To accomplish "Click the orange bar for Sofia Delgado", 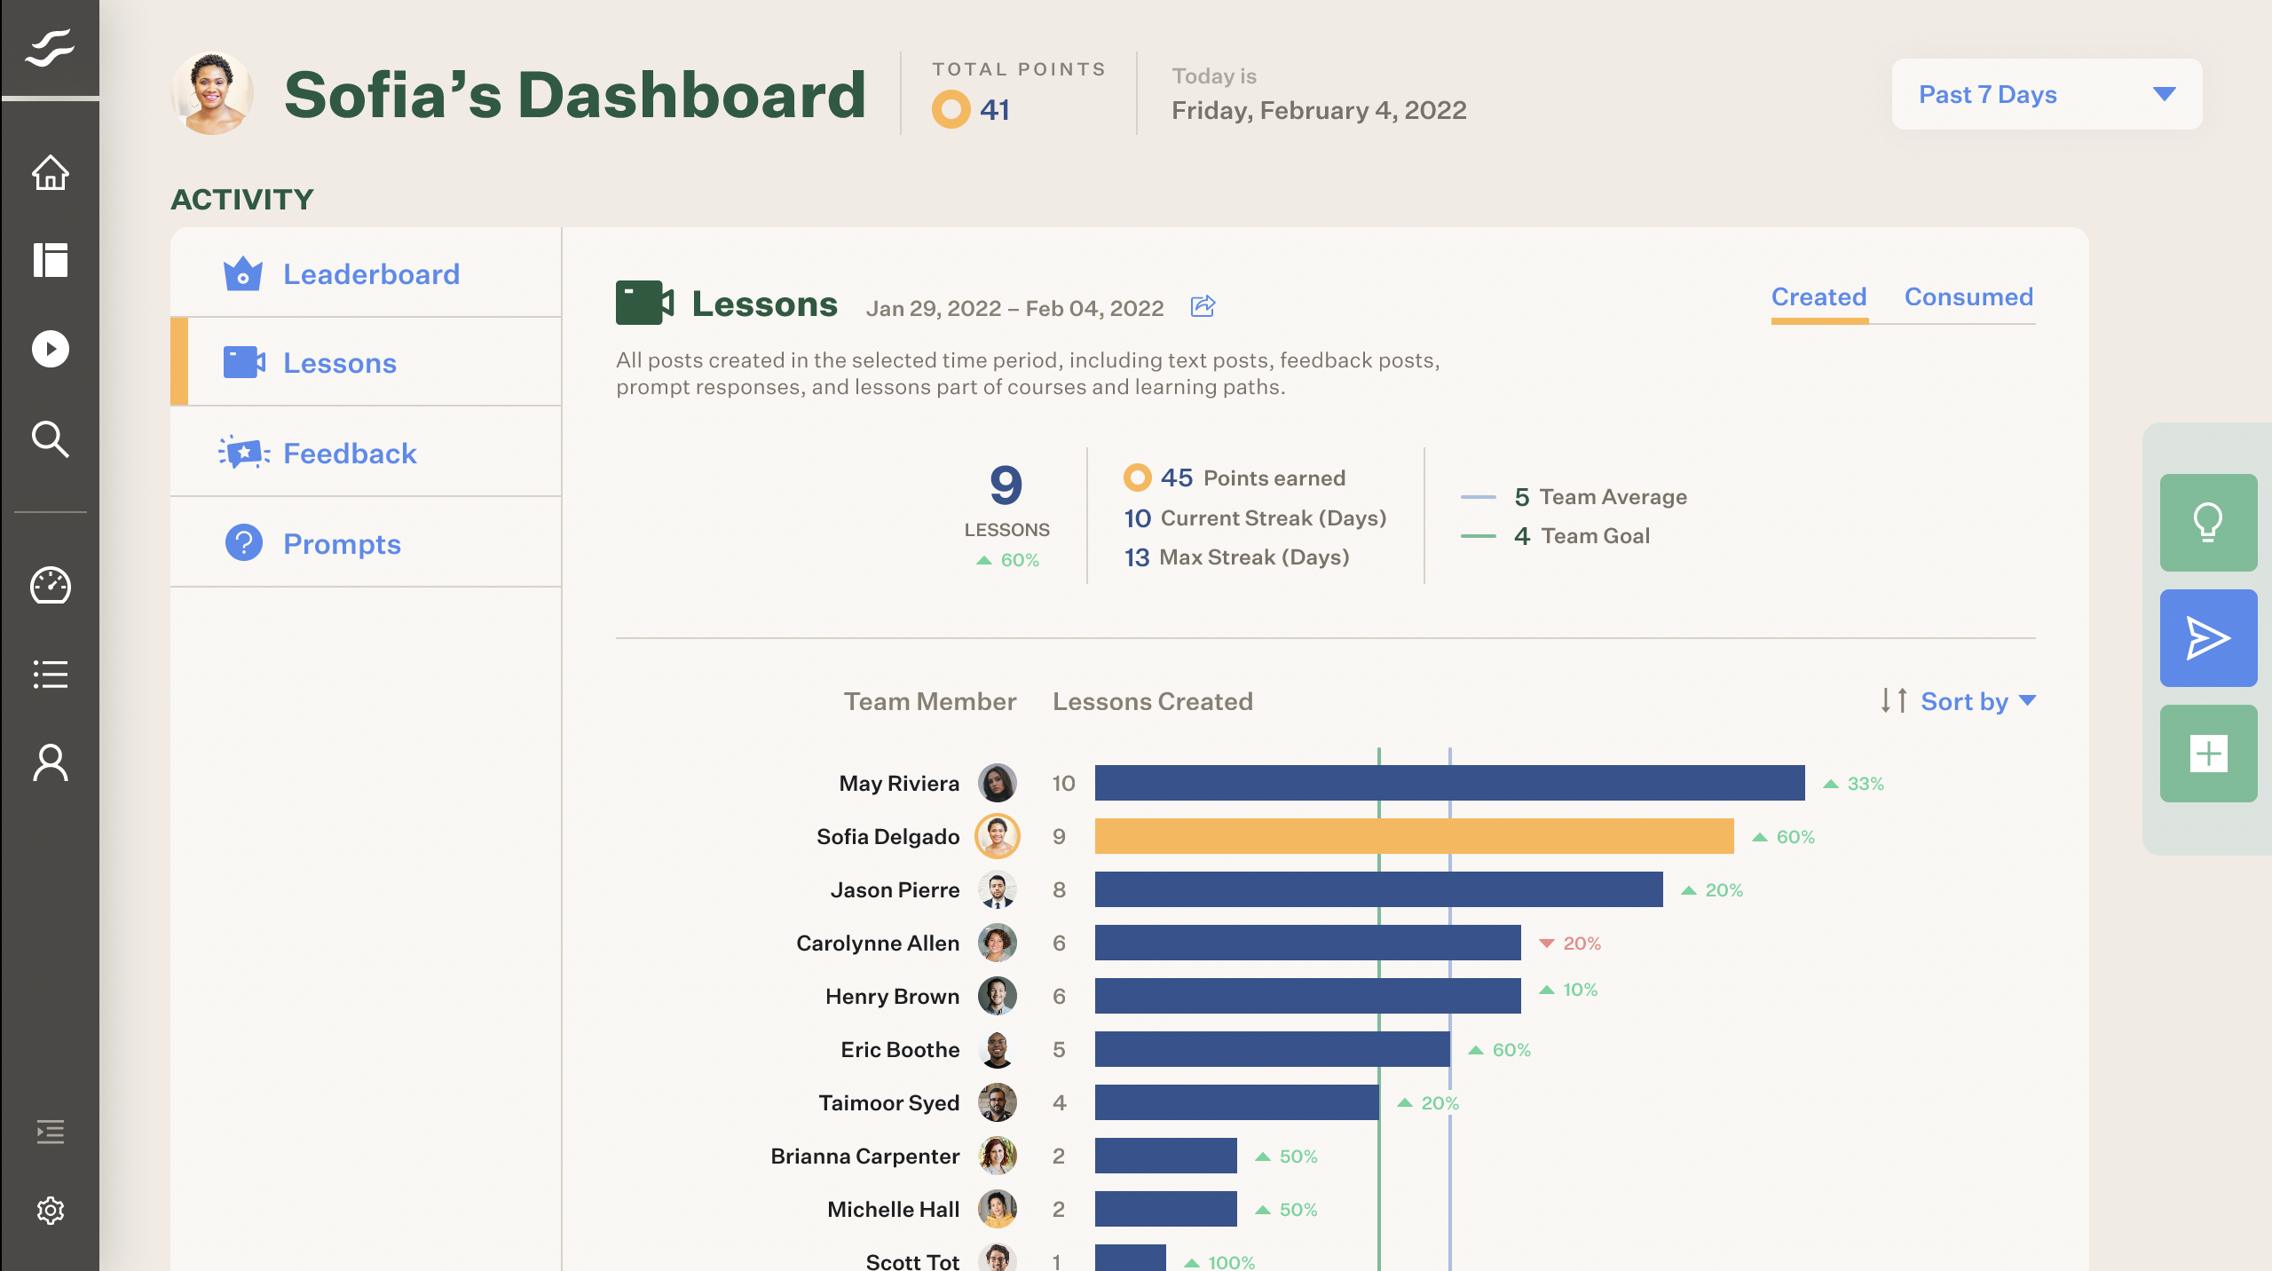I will click(1413, 836).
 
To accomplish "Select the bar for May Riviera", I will click(1448, 783).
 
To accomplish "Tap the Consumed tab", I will click(1968, 296).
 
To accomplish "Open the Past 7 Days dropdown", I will click(2046, 94).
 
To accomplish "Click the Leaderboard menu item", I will click(370, 274).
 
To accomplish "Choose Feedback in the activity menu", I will click(349, 454).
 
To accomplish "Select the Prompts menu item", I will click(341, 544).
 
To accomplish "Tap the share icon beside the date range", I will click(1203, 307).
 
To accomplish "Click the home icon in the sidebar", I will click(51, 173).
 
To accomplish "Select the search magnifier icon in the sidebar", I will click(51, 439).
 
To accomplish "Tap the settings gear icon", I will click(51, 1210).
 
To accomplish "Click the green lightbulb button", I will click(2207, 523).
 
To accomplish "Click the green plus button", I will click(2207, 754).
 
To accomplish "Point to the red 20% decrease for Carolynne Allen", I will click(1571, 943).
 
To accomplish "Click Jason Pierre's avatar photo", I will click(997, 889).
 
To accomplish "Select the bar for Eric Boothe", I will click(1271, 1049).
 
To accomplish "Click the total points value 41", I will click(994, 110).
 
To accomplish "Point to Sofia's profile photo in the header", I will click(212, 94).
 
